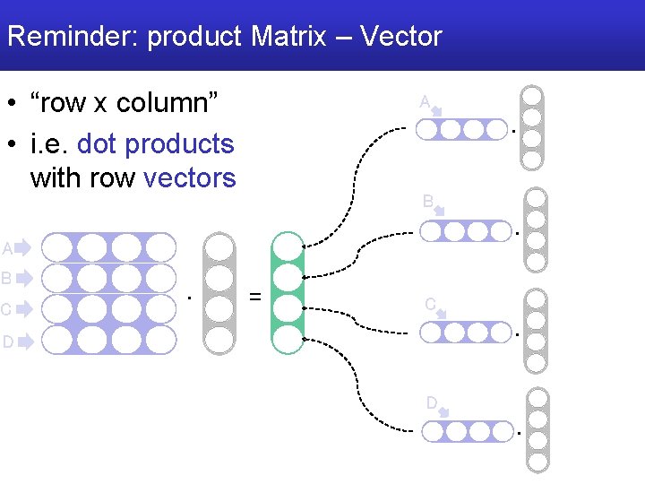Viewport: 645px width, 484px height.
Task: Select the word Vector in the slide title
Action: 400,37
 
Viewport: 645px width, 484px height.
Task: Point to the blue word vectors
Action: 190,177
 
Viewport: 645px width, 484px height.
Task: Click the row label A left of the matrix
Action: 7,248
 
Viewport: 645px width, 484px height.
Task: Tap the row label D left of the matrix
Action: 7,341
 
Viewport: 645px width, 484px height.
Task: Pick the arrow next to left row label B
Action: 23,278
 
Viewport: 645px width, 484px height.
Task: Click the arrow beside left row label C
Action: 23,309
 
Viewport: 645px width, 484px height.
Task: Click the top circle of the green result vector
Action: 287,247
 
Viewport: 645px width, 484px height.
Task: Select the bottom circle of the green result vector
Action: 287,338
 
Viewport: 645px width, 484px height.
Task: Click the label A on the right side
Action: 425,101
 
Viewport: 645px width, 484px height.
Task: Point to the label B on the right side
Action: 428,201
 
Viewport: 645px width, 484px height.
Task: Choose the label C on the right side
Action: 430,304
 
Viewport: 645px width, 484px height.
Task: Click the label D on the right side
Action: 431,402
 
